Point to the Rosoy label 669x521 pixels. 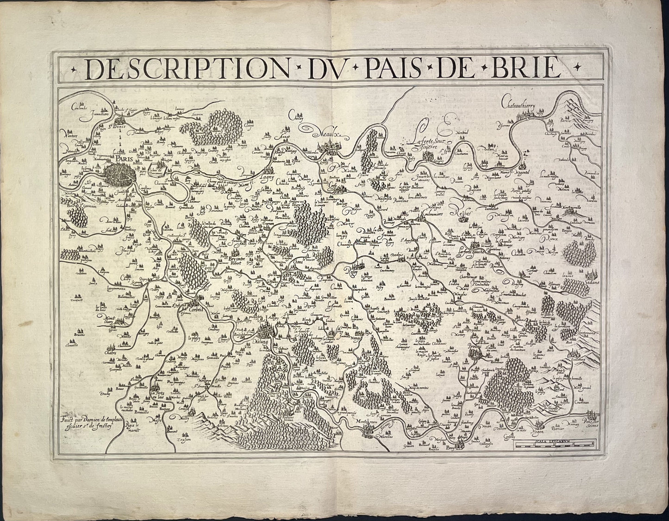pyautogui.click(x=354, y=271)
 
